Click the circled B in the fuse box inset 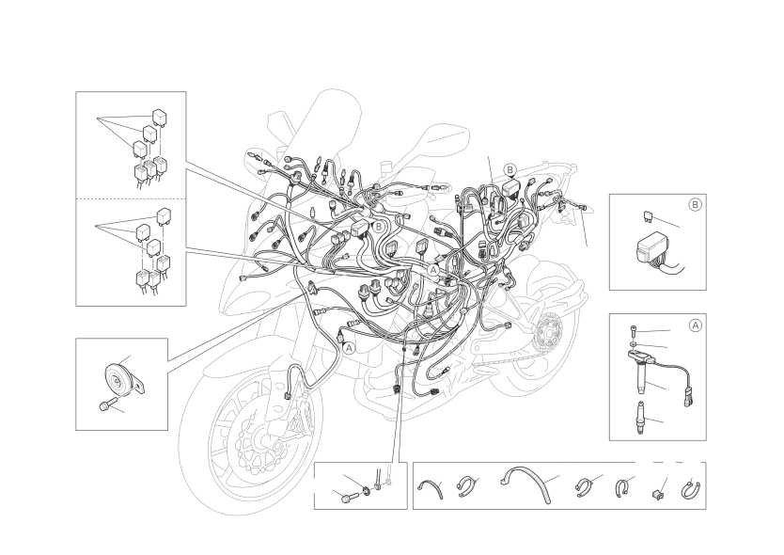(x=695, y=205)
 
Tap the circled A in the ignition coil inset (x=695, y=325)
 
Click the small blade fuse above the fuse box (x=647, y=216)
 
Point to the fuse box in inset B (x=651, y=249)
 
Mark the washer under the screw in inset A (x=634, y=345)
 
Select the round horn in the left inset (x=119, y=380)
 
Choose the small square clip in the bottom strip (x=658, y=494)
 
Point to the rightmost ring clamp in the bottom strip (x=691, y=490)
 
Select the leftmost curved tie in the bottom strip (x=431, y=487)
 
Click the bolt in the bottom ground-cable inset (x=350, y=498)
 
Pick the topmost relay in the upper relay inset (x=160, y=116)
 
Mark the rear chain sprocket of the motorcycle (x=547, y=331)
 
